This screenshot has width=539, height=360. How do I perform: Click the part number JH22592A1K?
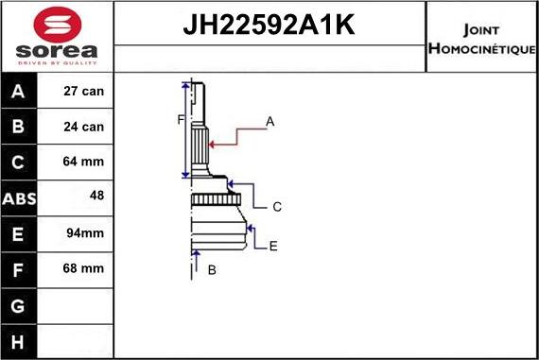pos(269,26)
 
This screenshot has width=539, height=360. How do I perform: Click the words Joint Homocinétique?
pos(481,38)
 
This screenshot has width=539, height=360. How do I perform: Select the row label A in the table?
pos(19,92)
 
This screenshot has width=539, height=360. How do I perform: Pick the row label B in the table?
pos(19,127)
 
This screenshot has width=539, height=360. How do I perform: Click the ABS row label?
pos(19,198)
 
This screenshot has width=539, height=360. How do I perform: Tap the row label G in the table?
pos(19,305)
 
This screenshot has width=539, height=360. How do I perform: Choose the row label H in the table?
pos(19,340)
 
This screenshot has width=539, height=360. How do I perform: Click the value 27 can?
pos(84,92)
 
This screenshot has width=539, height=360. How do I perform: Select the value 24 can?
pos(84,127)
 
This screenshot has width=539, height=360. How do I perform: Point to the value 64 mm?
pos(84,163)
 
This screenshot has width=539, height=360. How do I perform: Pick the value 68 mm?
pos(84,269)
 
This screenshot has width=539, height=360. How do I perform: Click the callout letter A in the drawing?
pos(269,121)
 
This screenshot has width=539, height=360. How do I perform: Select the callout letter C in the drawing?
pos(277,206)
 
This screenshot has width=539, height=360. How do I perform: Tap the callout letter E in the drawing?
pos(273,246)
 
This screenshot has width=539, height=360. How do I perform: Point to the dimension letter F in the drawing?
pos(180,119)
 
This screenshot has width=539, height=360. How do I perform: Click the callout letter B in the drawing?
pos(212,270)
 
